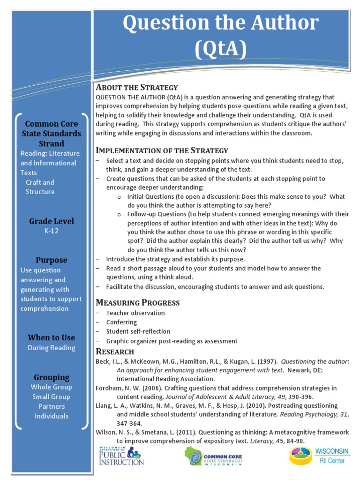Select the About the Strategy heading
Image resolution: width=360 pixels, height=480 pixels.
pyautogui.click(x=137, y=87)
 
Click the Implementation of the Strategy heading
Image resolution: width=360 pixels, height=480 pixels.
pyautogui.click(x=162, y=150)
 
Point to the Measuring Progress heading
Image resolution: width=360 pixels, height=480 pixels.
pyautogui.click(x=137, y=302)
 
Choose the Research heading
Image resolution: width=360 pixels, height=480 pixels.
pyautogui.click(x=115, y=352)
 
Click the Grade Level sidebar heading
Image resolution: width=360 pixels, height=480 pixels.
pyautogui.click(x=52, y=221)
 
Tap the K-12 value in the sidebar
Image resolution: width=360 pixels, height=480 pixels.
pyautogui.click(x=52, y=231)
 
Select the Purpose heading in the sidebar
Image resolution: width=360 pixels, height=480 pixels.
pyautogui.click(x=52, y=260)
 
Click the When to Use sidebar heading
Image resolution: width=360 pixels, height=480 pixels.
pyautogui.click(x=52, y=337)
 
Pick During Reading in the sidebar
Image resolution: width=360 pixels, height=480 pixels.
pyautogui.click(x=52, y=348)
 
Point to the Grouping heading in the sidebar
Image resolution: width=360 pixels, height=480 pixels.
pyautogui.click(x=52, y=377)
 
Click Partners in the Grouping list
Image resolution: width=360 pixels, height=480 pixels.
pyautogui.click(x=52, y=406)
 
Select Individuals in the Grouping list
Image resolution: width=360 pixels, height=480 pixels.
pyautogui.click(x=52, y=416)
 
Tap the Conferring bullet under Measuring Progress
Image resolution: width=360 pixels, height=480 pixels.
pyautogui.click(x=121, y=322)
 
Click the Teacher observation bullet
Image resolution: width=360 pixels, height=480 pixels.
pyautogui.click(x=135, y=313)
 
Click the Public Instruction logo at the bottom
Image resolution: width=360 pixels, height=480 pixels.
pyautogui.click(x=121, y=456)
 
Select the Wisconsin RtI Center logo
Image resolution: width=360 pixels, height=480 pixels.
pyautogui.click(x=319, y=456)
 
